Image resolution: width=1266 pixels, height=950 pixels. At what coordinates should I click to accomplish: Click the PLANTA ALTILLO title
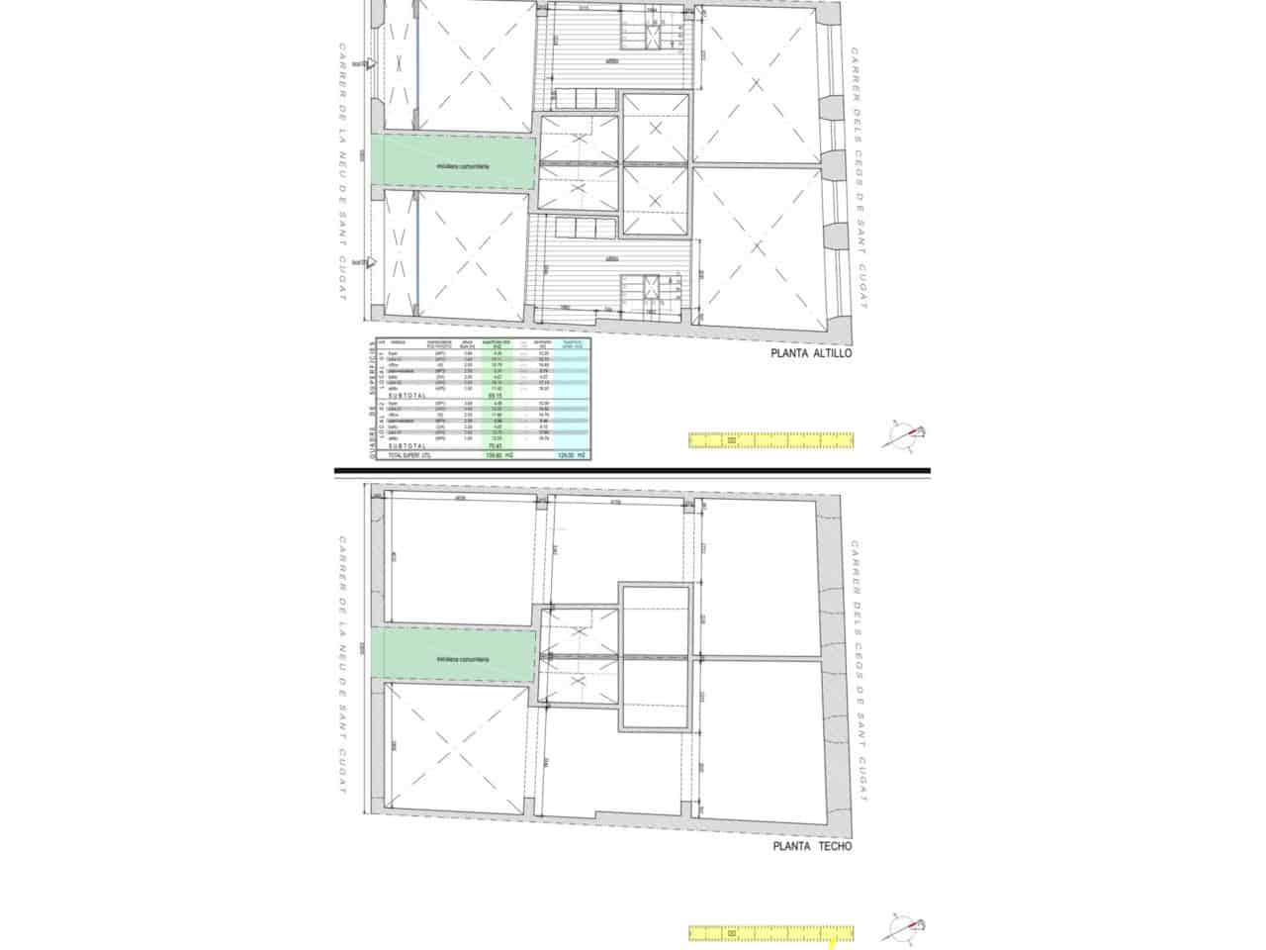(x=811, y=352)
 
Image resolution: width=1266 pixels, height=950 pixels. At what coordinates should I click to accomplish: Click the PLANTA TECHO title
(x=811, y=846)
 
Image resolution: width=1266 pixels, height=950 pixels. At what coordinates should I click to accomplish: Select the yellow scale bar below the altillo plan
(x=770, y=440)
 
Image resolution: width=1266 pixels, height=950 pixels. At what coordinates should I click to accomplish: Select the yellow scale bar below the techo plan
(x=770, y=932)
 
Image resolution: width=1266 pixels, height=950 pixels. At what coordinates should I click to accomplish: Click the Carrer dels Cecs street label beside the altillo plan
(x=858, y=178)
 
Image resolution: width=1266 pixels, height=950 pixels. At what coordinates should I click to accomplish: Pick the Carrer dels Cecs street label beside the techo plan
(x=858, y=671)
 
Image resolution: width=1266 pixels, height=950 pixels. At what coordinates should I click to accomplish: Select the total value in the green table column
(x=497, y=454)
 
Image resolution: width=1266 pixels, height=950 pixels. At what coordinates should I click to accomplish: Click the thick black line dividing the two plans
(x=633, y=470)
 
